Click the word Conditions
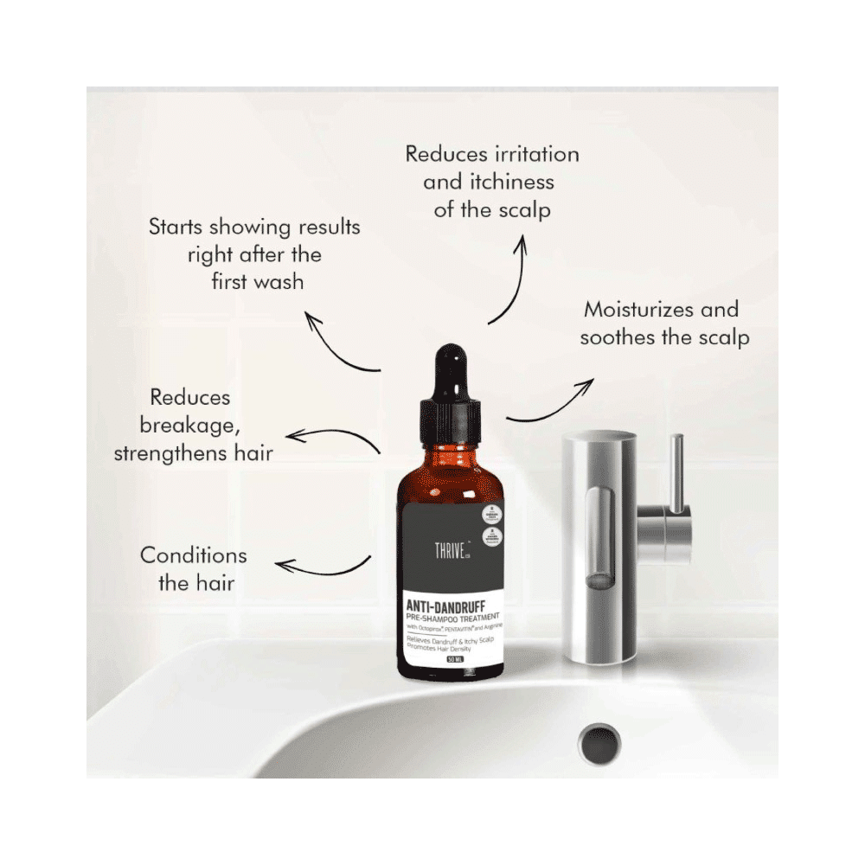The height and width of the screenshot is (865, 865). click(194, 555)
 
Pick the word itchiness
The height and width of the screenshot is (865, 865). click(489, 182)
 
